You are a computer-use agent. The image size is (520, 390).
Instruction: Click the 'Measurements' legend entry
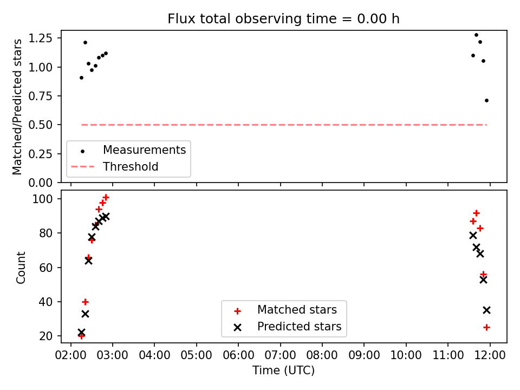click(x=144, y=150)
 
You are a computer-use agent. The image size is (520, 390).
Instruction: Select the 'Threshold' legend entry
click(x=131, y=166)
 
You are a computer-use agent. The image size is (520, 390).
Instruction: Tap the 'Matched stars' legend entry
click(x=297, y=310)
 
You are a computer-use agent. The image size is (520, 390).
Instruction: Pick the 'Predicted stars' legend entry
click(x=299, y=326)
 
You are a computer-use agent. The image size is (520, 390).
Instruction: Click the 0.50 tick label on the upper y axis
click(x=40, y=125)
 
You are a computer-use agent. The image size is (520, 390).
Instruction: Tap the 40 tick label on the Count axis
click(x=45, y=302)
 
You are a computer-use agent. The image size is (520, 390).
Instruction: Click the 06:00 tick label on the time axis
click(x=238, y=355)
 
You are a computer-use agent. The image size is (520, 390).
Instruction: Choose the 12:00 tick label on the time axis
click(x=490, y=355)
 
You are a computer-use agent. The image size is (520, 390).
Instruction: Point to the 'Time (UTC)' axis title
click(x=283, y=370)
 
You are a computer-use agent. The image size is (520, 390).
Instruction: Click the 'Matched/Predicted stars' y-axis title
click(x=17, y=107)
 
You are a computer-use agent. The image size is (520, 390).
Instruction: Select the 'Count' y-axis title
click(x=21, y=268)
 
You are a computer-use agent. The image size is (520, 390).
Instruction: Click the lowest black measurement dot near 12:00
click(x=486, y=101)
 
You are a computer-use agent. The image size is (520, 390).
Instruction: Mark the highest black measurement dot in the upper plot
click(x=476, y=35)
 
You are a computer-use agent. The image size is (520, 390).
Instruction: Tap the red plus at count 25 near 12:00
click(x=486, y=328)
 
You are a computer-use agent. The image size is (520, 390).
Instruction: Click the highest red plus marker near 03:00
click(x=106, y=198)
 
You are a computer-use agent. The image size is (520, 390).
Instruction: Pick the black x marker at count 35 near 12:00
click(x=486, y=310)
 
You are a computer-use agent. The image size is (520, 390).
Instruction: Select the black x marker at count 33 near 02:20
click(x=85, y=314)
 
